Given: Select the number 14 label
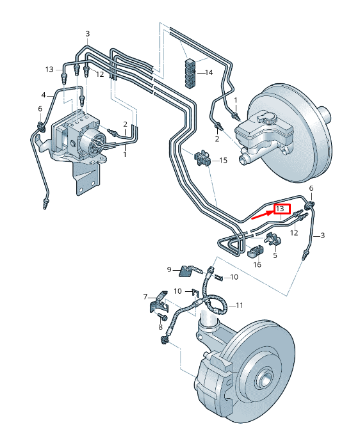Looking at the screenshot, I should [208, 72].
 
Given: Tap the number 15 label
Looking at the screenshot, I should [223, 159].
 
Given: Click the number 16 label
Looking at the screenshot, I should [257, 264].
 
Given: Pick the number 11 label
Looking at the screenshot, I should [239, 305].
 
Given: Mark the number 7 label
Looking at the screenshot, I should [146, 296].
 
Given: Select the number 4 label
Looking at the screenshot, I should [44, 95].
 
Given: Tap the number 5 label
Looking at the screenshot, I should [275, 255].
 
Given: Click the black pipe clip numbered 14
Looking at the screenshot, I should [190, 72].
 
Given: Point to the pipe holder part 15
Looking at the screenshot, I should [203, 158].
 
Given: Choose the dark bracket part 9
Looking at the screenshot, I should [186, 271].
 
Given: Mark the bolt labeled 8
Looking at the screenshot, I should [164, 317].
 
